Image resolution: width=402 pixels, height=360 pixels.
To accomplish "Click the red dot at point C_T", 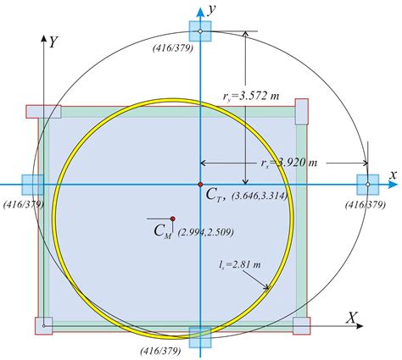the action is [200, 185].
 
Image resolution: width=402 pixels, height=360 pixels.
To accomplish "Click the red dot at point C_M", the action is [173, 219].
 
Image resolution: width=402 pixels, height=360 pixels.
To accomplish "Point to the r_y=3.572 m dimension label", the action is [251, 97].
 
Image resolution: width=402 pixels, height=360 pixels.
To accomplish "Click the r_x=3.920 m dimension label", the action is [289, 163].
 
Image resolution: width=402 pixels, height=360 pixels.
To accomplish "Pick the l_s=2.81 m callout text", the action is [240, 264].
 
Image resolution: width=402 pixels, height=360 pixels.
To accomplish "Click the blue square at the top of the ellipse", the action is [200, 31].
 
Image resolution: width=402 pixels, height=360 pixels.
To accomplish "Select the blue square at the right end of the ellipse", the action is [367, 185].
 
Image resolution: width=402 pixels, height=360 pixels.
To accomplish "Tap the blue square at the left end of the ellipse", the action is [33, 185].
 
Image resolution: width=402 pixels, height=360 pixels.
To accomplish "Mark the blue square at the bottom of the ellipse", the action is [200, 337].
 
